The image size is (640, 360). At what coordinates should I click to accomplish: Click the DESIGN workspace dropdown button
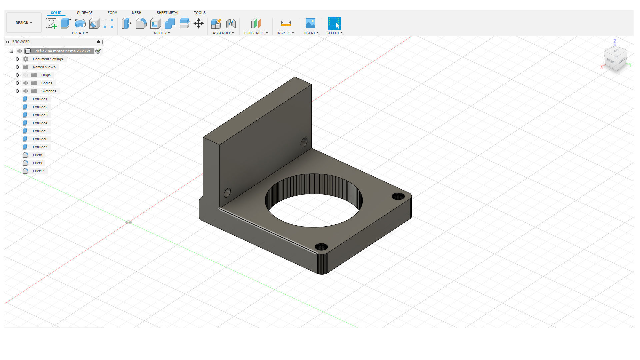[x=24, y=23]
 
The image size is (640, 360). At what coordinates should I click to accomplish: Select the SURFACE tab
[x=85, y=13]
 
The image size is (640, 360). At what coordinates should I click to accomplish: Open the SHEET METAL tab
[x=168, y=13]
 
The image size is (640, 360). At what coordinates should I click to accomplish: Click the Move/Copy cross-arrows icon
[x=199, y=23]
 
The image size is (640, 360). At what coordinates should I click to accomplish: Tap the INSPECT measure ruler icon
[x=286, y=23]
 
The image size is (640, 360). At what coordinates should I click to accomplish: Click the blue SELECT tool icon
[x=334, y=23]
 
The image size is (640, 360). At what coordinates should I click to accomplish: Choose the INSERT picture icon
[x=310, y=23]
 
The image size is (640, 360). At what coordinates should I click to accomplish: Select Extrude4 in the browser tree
[x=40, y=123]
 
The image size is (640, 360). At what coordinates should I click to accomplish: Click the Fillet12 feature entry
[x=38, y=171]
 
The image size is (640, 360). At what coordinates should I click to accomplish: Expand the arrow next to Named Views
[x=18, y=67]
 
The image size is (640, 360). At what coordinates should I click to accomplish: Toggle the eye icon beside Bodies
[x=26, y=83]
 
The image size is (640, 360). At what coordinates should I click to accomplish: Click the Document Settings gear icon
[x=26, y=59]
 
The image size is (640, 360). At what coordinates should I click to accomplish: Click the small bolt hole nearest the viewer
[x=321, y=247]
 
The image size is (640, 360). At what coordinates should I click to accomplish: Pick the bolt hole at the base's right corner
[x=398, y=196]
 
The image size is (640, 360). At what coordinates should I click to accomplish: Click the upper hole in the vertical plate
[x=304, y=143]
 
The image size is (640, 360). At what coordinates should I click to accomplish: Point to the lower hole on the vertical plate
[x=227, y=193]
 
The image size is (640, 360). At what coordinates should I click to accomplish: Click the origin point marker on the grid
[x=128, y=222]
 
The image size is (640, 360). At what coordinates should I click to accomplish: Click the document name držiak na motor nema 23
[x=63, y=51]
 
